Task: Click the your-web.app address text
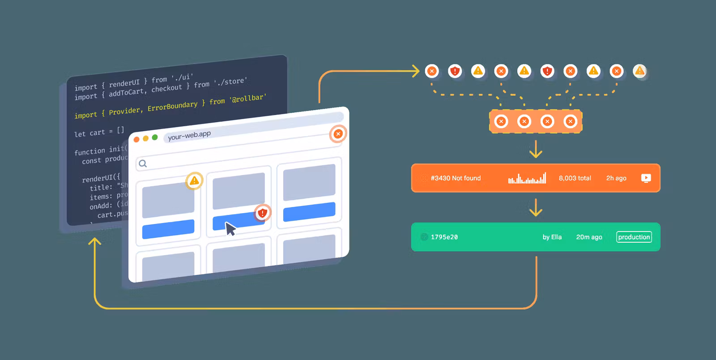pos(189,135)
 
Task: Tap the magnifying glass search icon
pos(143,163)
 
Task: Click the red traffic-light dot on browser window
pos(136,139)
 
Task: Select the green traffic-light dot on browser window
pos(155,137)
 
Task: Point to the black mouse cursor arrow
pos(230,228)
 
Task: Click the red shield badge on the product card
pos(263,213)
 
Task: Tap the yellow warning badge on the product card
pos(194,180)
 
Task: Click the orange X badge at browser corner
pos(338,133)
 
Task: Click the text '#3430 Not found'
pos(456,178)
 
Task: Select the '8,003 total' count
pos(575,178)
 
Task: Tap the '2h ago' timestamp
pos(616,178)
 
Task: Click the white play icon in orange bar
pos(646,178)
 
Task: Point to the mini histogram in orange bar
pos(527,179)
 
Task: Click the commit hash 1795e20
pos(444,237)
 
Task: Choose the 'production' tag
pos(634,237)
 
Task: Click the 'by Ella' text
pos(552,237)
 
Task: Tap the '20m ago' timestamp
pos(589,237)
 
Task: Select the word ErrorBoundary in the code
pos(172,107)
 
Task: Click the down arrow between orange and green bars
pos(536,208)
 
